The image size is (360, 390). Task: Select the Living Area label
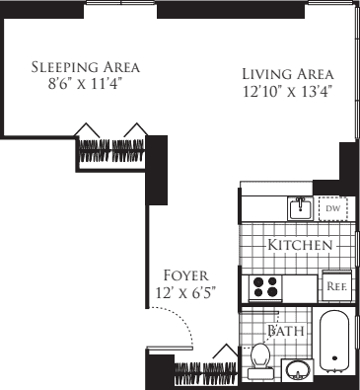288,74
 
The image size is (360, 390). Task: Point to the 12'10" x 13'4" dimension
288,92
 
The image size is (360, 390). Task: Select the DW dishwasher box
331,209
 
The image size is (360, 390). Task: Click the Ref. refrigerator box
334,286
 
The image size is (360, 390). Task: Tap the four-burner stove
265,287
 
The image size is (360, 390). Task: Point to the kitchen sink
300,209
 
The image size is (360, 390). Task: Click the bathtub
335,346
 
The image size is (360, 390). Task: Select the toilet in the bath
261,357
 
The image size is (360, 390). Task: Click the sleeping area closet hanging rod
113,151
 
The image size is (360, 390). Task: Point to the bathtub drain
335,361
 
